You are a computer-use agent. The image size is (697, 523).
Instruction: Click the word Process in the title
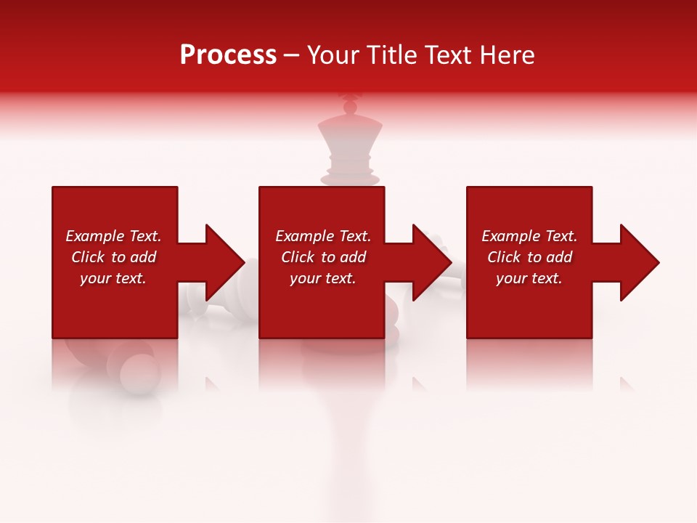pyautogui.click(x=228, y=55)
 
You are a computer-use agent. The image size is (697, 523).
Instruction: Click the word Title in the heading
pyautogui.click(x=392, y=55)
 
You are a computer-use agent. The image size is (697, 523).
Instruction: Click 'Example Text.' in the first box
pyautogui.click(x=113, y=236)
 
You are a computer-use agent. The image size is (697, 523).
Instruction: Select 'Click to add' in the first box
pyautogui.click(x=113, y=257)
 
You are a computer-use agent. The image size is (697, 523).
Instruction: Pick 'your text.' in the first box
pyautogui.click(x=113, y=278)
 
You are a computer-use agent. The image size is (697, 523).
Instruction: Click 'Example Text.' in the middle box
pyautogui.click(x=323, y=236)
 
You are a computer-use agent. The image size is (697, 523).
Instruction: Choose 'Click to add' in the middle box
pyautogui.click(x=323, y=257)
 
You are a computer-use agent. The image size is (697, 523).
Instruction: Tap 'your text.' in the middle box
pyautogui.click(x=323, y=278)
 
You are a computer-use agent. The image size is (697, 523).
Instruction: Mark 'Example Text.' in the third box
pyautogui.click(x=529, y=236)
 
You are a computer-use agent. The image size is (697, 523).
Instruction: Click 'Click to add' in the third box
pyautogui.click(x=529, y=257)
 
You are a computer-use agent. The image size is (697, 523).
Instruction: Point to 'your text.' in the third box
pyautogui.click(x=529, y=278)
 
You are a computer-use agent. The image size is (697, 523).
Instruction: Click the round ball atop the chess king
pyautogui.click(x=350, y=108)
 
